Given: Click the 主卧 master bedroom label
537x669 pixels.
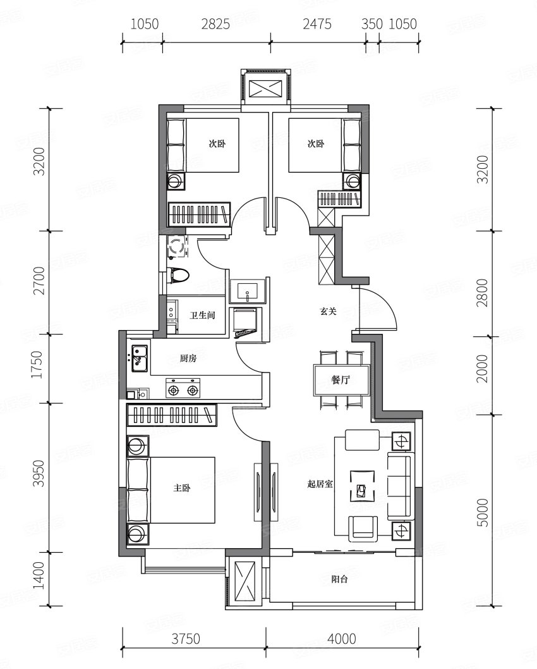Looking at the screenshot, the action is (x=181, y=488).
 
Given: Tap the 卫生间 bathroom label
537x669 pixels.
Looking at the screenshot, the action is (x=202, y=316).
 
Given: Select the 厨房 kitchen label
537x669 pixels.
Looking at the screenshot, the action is (x=188, y=359).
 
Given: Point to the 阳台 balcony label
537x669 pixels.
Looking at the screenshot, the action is (x=340, y=579).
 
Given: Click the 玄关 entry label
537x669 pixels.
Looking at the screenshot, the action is (x=328, y=312).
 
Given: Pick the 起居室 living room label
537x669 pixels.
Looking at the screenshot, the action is (x=320, y=484).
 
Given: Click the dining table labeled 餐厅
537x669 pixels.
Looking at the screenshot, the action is (x=341, y=380).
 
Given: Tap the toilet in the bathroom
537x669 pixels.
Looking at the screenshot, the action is (x=178, y=275).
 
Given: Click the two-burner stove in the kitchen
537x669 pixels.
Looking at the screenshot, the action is (x=183, y=389).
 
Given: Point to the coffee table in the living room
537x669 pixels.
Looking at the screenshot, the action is (x=363, y=486).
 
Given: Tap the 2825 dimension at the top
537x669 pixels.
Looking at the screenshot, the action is (x=215, y=24).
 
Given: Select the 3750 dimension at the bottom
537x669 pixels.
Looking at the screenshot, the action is (x=186, y=639).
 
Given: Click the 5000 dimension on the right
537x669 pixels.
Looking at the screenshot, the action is (x=483, y=512).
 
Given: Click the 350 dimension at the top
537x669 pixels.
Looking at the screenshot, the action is (x=372, y=24).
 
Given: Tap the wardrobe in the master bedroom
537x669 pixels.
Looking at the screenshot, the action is (x=172, y=414).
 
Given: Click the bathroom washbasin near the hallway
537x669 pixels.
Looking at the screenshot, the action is (x=248, y=290).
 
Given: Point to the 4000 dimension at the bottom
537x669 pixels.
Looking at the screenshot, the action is (x=342, y=639).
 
